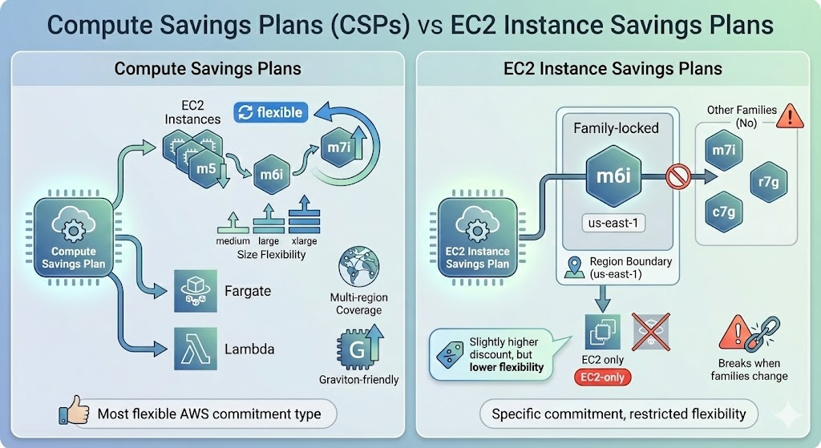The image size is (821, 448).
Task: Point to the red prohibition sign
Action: pyautogui.click(x=678, y=173)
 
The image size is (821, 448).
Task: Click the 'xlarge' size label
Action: pyautogui.click(x=305, y=240)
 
